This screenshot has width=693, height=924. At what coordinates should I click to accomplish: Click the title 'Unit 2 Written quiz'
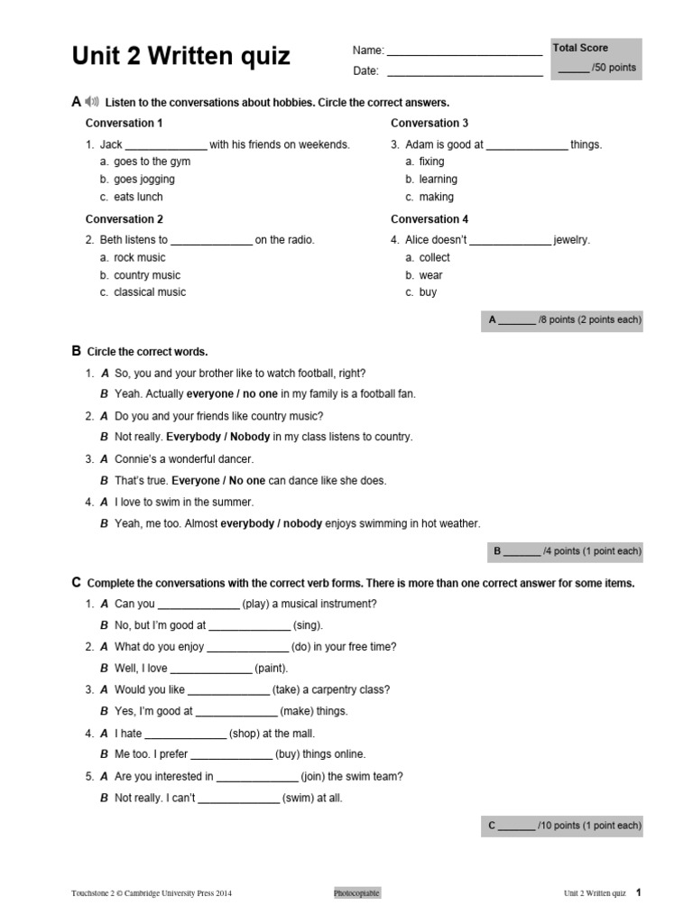click(x=180, y=57)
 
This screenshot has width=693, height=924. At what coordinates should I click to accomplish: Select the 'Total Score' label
click(x=580, y=48)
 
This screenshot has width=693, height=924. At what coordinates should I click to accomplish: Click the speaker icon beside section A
click(x=94, y=102)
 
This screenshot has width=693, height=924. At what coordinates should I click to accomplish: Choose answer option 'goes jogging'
click(x=144, y=180)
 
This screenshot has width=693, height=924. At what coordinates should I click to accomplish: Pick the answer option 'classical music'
click(x=150, y=292)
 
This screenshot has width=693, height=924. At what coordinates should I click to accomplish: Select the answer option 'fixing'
click(x=431, y=162)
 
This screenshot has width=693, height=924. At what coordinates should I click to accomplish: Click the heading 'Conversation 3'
click(x=430, y=123)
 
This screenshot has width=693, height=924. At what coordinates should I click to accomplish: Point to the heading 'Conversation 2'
click(x=125, y=219)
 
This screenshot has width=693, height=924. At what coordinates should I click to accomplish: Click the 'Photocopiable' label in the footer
click(x=356, y=893)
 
